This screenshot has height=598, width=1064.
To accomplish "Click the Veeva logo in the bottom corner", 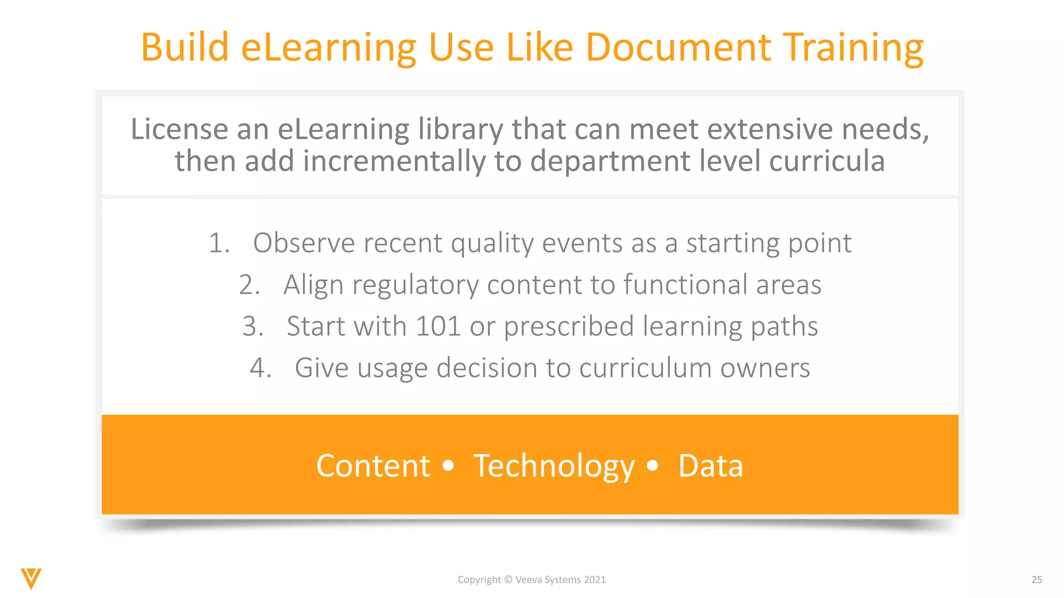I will pos(31,578).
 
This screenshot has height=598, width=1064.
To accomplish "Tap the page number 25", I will pos(1036,580).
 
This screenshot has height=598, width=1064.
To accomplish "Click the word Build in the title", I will pos(184,47).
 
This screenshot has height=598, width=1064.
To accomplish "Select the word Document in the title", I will pos(678,47).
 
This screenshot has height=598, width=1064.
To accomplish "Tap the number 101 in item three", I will pos(438,327).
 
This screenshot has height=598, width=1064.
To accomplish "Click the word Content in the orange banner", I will pos(373,466).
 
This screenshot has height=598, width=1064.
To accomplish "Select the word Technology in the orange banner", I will pos(554,466).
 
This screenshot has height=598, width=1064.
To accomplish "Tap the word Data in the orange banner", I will pos(710,466).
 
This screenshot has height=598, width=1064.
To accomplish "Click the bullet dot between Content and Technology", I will pos(448,465).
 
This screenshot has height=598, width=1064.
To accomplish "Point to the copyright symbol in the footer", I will pos(508,580).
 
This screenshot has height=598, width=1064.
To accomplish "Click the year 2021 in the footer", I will pos(594,580).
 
